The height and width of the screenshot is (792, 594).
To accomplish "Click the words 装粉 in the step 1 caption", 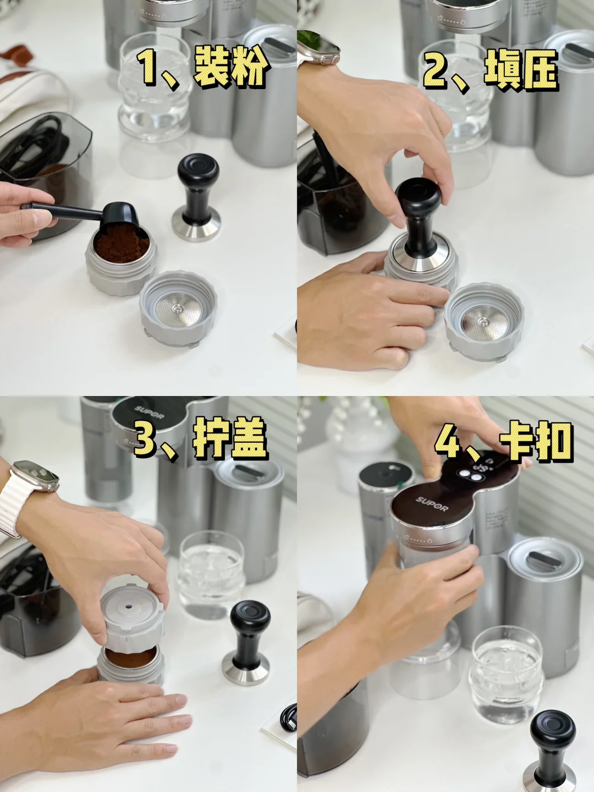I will (x=231, y=68).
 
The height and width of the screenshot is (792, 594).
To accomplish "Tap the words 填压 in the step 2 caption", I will (x=521, y=70).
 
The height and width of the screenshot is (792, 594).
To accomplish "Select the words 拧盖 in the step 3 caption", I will (x=230, y=438).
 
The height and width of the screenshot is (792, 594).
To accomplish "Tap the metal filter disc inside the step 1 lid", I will (x=177, y=310).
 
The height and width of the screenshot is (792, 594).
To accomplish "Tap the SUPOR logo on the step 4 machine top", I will (x=432, y=503).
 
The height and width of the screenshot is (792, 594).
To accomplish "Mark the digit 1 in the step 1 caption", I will (x=148, y=68).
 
